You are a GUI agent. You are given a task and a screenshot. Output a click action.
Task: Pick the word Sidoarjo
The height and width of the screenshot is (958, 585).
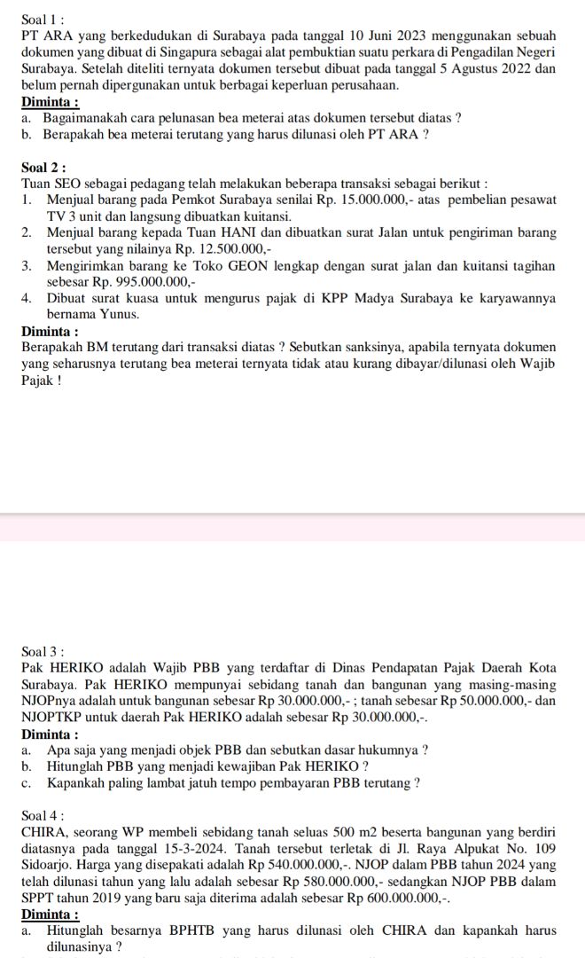(49, 865)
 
